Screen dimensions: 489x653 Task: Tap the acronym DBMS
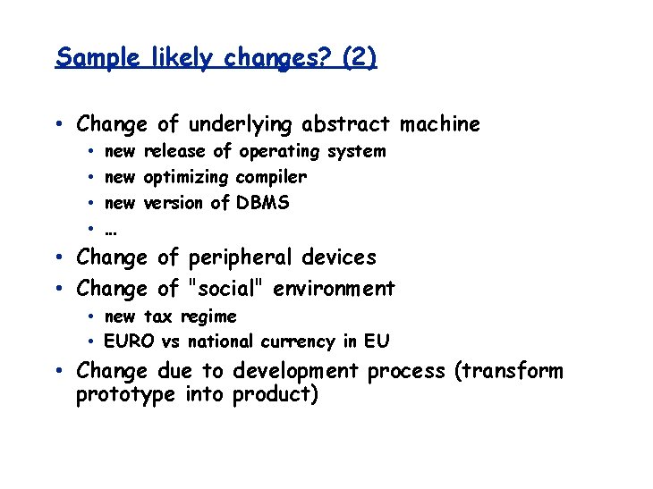263,202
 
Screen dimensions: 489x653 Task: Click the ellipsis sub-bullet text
112,229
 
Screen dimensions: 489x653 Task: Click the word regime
208,317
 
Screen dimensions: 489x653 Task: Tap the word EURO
130,341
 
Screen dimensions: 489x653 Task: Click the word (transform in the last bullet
507,371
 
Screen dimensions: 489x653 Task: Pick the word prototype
125,395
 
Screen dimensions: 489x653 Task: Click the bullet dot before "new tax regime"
93,317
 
